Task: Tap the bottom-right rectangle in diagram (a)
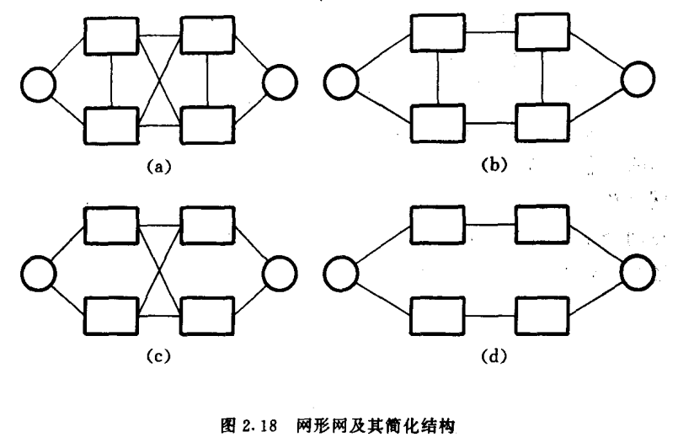[207, 126]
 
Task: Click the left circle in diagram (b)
[339, 83]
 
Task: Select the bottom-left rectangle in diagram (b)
[437, 125]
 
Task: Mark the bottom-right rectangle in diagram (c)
[207, 316]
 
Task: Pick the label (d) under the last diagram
[492, 356]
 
